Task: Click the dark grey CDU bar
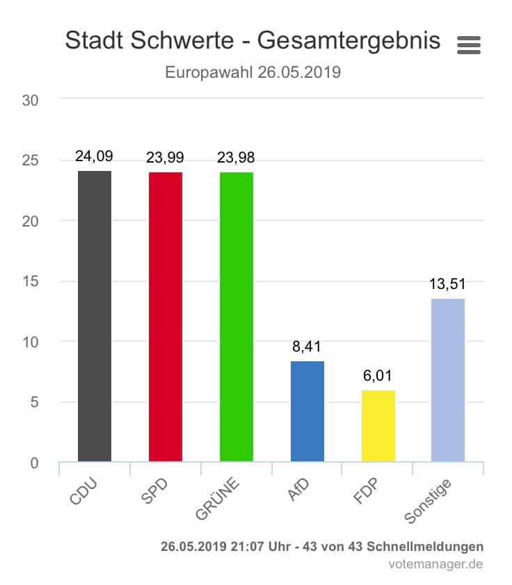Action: (x=95, y=316)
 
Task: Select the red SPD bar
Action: (x=166, y=317)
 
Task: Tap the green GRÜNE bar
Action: (x=237, y=317)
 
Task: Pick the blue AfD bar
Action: (x=307, y=411)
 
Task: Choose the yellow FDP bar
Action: (x=378, y=426)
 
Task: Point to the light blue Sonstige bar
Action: (x=448, y=380)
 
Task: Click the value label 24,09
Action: (x=94, y=157)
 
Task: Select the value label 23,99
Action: (x=165, y=158)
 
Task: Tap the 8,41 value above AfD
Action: (x=307, y=347)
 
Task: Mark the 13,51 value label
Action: (x=447, y=283)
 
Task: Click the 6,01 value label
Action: (x=378, y=376)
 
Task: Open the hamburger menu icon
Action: (x=469, y=45)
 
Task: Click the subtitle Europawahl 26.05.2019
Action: (x=253, y=72)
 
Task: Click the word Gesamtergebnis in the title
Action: (x=349, y=40)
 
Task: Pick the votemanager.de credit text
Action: (x=435, y=564)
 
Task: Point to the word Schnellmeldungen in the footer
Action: (x=427, y=546)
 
